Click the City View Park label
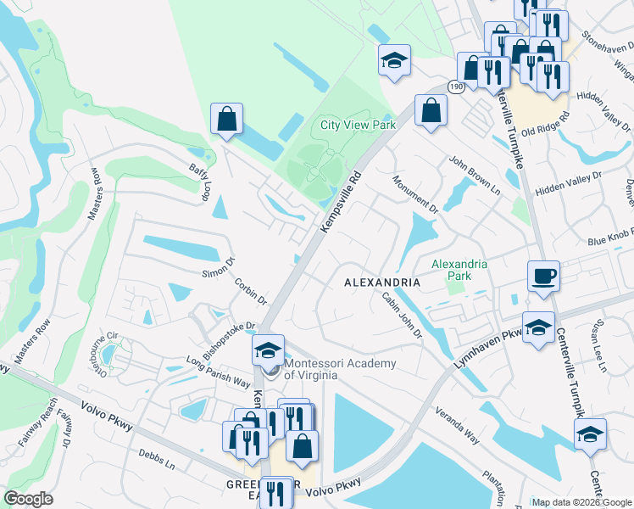pyautogui.click(x=358, y=125)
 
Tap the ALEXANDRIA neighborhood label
pyautogui.click(x=382, y=282)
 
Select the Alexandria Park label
pyautogui.click(x=459, y=270)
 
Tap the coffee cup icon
pyautogui.click(x=543, y=277)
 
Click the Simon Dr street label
pyautogui.click(x=218, y=269)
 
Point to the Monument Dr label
pyautogui.click(x=415, y=194)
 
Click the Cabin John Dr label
pyautogui.click(x=402, y=314)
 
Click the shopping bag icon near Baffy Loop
pyautogui.click(x=226, y=119)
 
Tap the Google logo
pyautogui.click(x=29, y=499)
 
